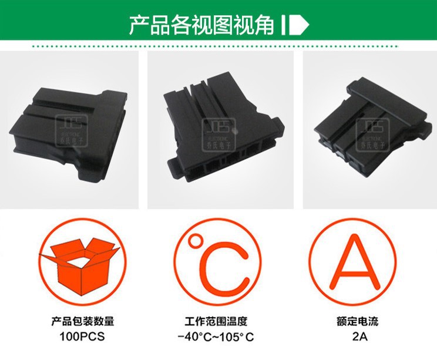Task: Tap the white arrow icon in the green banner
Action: pos(296,25)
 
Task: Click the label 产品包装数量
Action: pos(82,322)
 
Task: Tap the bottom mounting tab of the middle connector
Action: pos(179,171)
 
